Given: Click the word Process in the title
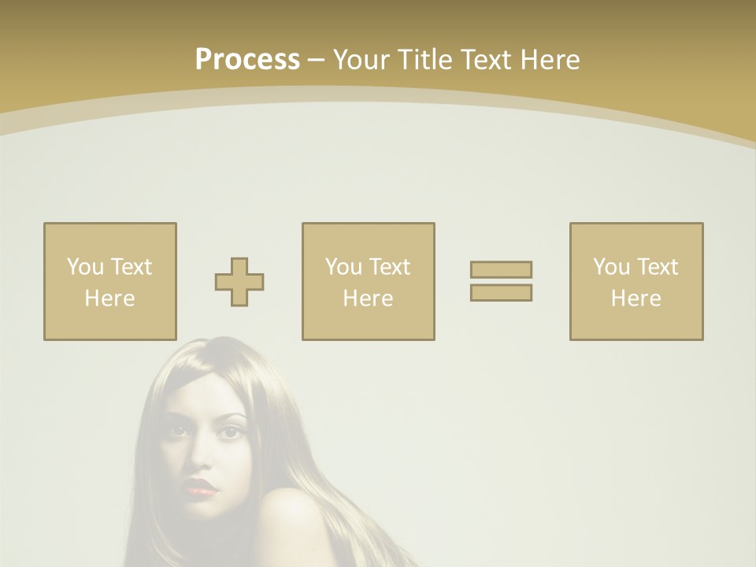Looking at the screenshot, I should pyautogui.click(x=247, y=60).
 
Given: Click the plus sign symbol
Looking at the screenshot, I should pyautogui.click(x=239, y=282).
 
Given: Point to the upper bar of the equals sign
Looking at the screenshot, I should pyautogui.click(x=501, y=269).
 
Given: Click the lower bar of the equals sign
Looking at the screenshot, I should pyautogui.click(x=501, y=292).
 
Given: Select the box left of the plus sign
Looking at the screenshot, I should pyautogui.click(x=110, y=282).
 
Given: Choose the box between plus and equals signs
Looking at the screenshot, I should pyautogui.click(x=368, y=282).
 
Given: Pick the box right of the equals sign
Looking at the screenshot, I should pyautogui.click(x=636, y=282).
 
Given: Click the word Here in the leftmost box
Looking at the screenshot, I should pyautogui.click(x=109, y=298).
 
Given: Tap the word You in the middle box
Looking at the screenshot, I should pyautogui.click(x=343, y=267).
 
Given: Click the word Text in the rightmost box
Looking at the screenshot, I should pyautogui.click(x=658, y=267).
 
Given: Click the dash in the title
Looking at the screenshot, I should pyautogui.click(x=316, y=60).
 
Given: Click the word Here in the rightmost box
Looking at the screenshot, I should pyautogui.click(x=636, y=298).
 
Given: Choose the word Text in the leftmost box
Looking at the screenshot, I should pyautogui.click(x=132, y=267).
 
